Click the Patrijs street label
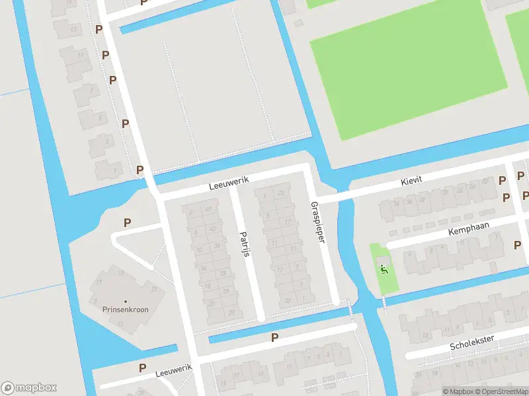pos(245,244)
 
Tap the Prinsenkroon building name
pos(125,309)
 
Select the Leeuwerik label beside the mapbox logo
pos(173,370)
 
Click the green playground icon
pos(383,268)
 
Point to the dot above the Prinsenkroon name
pos(125,300)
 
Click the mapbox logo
pos(29,387)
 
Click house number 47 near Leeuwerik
pos(209,209)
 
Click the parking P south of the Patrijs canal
pos(274,337)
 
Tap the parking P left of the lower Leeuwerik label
pos(142,368)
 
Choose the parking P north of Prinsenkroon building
pos(127,222)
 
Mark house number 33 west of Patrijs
pos(224,273)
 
